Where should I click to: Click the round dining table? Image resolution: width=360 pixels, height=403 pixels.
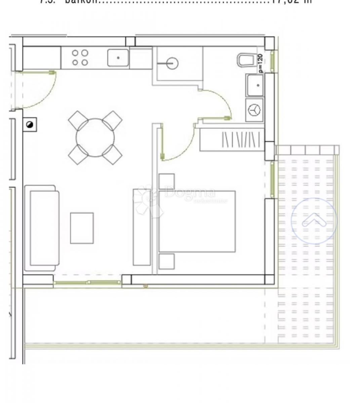click(x=95, y=137)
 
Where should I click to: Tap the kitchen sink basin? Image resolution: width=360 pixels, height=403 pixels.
click(x=118, y=58)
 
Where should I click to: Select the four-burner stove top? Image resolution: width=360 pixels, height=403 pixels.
click(x=80, y=58)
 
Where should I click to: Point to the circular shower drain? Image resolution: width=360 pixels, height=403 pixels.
click(x=172, y=63)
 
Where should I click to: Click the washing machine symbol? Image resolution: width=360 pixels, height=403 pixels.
click(x=255, y=110)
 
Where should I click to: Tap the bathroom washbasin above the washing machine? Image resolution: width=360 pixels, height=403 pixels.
click(x=255, y=85)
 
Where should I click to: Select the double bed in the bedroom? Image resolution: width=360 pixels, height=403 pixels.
click(x=197, y=221)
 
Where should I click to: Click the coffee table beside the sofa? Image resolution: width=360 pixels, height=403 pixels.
click(x=82, y=228)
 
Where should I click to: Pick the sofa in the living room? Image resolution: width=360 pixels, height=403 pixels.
click(x=44, y=228)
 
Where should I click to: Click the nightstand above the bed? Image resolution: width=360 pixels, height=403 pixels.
click(x=166, y=181)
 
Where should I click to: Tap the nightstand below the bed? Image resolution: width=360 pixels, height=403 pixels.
click(x=166, y=261)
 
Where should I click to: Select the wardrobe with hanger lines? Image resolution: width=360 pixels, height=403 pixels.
click(x=232, y=139)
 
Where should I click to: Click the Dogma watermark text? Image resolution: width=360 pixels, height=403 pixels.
click(x=190, y=193)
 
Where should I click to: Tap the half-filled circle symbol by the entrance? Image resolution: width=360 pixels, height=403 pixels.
click(x=30, y=125)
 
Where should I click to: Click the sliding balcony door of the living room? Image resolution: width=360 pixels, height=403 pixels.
click(x=87, y=283)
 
